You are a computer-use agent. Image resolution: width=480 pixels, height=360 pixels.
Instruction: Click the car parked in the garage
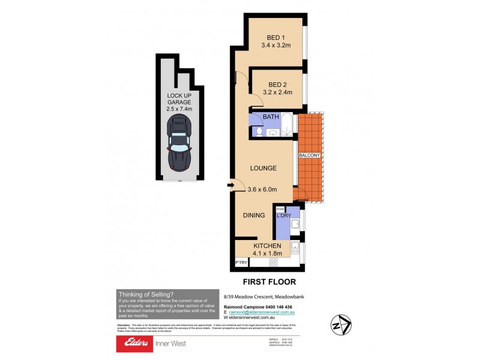179,143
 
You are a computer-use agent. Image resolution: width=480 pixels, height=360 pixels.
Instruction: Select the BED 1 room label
275,35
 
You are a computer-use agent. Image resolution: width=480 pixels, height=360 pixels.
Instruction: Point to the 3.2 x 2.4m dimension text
277,92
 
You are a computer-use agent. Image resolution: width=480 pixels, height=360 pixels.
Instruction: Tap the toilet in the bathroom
258,131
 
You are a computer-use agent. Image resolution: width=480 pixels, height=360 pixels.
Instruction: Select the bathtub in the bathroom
287,126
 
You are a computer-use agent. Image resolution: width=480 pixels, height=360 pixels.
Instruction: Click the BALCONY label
310,156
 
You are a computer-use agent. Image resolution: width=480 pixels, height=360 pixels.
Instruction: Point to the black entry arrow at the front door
230,185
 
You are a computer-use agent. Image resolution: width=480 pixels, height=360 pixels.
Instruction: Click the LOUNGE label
264,169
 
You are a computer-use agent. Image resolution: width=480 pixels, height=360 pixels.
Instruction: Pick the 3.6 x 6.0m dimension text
262,190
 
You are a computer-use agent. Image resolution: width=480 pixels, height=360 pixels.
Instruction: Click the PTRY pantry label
241,262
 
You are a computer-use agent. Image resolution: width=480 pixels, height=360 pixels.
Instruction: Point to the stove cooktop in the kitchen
274,262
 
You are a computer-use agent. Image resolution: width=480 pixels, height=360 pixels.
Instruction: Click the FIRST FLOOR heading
269,281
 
